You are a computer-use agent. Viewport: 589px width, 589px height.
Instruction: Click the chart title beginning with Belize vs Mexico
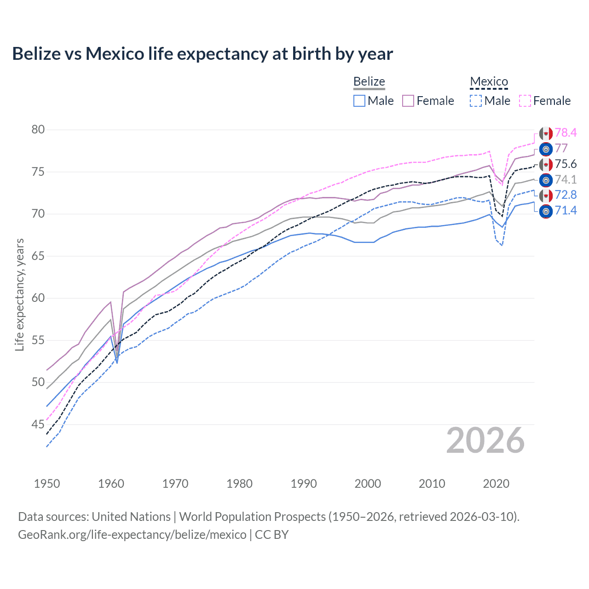(x=202, y=54)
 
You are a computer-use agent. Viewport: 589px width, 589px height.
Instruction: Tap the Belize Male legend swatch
(x=359, y=101)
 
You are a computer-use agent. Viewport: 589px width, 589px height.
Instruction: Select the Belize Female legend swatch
(x=408, y=101)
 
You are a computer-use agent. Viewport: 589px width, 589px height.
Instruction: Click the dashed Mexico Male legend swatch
(x=476, y=101)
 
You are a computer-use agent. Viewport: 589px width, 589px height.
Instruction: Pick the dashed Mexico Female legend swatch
(x=525, y=101)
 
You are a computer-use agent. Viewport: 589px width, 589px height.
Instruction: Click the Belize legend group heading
(x=369, y=82)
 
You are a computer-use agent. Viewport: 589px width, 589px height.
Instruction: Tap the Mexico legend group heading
(x=489, y=82)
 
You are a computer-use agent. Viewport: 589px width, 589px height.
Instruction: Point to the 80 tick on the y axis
(x=38, y=130)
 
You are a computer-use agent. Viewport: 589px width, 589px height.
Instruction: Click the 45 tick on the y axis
(x=38, y=424)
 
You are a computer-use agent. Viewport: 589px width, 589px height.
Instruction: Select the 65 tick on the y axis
(x=38, y=256)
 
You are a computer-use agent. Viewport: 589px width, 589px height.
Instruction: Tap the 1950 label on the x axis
(x=47, y=484)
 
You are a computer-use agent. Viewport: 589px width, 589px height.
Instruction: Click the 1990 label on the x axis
(x=304, y=484)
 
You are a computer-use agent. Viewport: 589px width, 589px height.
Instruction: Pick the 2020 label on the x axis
(x=496, y=484)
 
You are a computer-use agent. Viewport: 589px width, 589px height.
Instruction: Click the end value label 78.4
(x=566, y=133)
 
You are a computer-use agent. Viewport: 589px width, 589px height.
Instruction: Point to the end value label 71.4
(x=566, y=211)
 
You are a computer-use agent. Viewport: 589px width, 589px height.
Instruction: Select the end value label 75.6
(x=566, y=164)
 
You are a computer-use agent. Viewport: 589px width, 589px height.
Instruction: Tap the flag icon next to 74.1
(x=546, y=180)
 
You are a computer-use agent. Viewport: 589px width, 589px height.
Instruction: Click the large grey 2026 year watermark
(x=485, y=440)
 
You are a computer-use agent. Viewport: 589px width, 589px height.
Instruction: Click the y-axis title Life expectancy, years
(x=19, y=294)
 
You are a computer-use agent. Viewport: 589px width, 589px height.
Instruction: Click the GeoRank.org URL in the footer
(x=132, y=535)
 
